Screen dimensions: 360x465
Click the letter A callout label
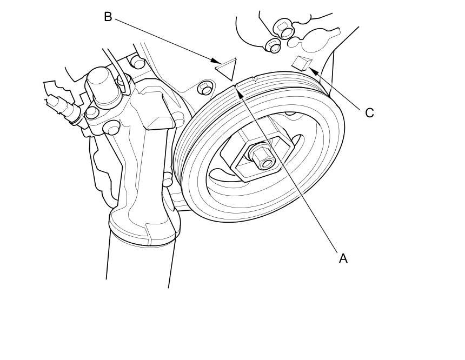point(343,258)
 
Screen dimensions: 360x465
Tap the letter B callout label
point(108,17)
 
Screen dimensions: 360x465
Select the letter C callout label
point(369,113)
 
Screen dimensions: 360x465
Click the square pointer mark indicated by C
point(301,63)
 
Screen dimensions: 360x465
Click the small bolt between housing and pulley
point(204,87)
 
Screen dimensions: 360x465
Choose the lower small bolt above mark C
point(274,46)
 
